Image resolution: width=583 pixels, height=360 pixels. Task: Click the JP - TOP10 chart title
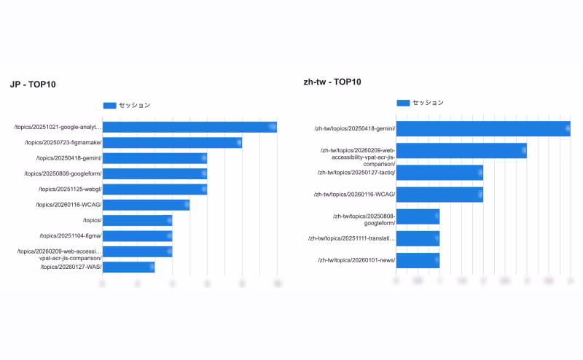tap(33, 85)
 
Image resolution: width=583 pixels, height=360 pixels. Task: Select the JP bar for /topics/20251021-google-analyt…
tap(189, 128)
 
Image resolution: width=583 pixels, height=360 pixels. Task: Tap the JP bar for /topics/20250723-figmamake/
tap(172, 143)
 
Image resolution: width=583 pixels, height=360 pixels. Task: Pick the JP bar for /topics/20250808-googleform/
tap(154, 173)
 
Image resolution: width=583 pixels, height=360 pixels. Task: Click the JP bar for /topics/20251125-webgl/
tap(154, 189)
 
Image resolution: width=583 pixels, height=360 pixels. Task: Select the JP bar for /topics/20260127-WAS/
tap(128, 267)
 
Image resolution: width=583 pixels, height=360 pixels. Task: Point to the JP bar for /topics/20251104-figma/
tap(137, 236)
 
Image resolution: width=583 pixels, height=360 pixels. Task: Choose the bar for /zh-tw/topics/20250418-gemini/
tap(483, 129)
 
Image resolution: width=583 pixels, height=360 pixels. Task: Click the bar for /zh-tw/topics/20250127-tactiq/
tap(439, 173)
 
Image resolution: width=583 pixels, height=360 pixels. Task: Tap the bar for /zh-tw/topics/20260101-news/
tap(418, 260)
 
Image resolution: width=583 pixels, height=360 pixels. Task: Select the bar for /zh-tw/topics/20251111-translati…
tap(418, 238)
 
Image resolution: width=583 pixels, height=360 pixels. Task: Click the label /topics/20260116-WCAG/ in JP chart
tap(69, 205)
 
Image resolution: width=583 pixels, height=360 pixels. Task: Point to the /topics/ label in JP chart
tap(92, 220)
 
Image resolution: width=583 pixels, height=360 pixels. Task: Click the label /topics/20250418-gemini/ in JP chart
tap(69, 158)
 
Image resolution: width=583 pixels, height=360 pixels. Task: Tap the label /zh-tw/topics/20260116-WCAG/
tap(354, 195)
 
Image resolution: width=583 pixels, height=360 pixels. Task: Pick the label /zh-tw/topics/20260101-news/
tap(356, 260)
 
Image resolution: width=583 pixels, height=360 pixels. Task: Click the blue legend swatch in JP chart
tap(110, 106)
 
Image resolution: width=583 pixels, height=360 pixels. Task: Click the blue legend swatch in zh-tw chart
tap(403, 103)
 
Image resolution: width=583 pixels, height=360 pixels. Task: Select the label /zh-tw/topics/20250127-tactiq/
tap(356, 173)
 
